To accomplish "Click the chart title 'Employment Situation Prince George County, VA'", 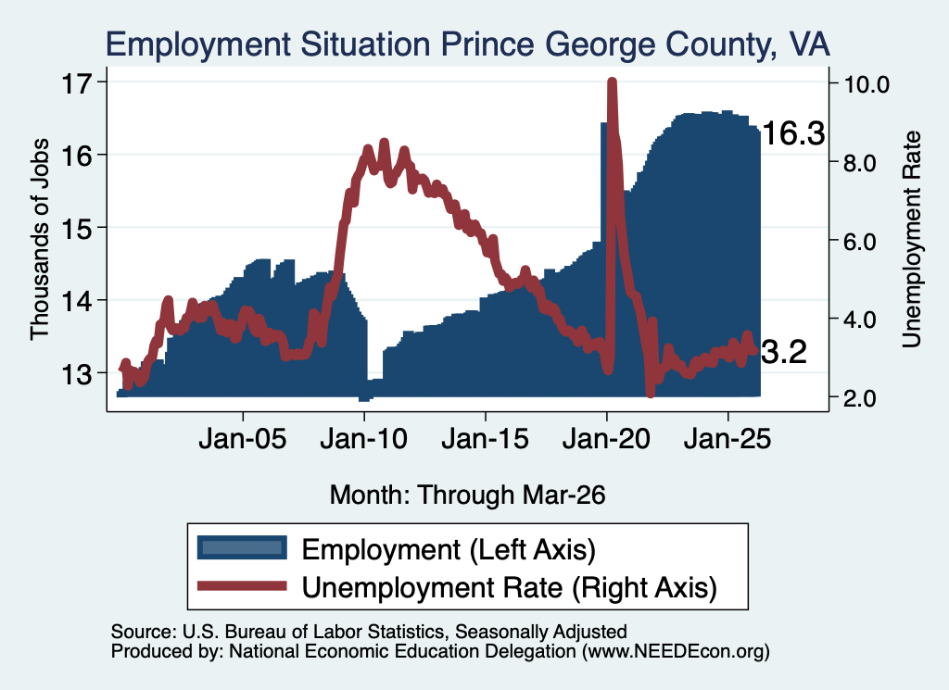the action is pyautogui.click(x=467, y=44).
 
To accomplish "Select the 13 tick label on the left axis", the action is pyautogui.click(x=76, y=374).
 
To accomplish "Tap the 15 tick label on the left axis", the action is pyautogui.click(x=76, y=228).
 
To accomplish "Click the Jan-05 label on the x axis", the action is pyautogui.click(x=243, y=439).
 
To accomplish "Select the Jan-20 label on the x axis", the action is pyautogui.click(x=606, y=439).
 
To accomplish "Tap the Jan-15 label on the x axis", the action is pyautogui.click(x=486, y=439).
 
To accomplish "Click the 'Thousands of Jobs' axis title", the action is pyautogui.click(x=39, y=239).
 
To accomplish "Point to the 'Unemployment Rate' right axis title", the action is pyautogui.click(x=912, y=240).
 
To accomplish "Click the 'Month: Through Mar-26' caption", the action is pyautogui.click(x=468, y=495).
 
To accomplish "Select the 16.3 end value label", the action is pyautogui.click(x=793, y=133).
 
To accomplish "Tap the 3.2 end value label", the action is pyautogui.click(x=784, y=352).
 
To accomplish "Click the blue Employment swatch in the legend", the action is pyautogui.click(x=242, y=548).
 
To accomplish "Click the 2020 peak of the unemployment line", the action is pyautogui.click(x=612, y=82).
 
